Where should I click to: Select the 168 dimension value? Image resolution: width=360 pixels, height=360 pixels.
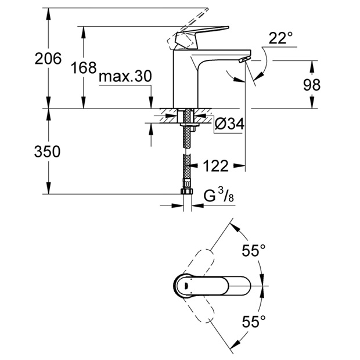click(84, 68)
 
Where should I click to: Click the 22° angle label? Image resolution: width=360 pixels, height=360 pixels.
click(281, 39)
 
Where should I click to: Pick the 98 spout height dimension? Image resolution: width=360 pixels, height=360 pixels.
click(312, 85)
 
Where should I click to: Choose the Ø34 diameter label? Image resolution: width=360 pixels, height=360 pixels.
click(228, 124)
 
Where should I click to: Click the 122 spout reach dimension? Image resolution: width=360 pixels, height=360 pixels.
click(215, 167)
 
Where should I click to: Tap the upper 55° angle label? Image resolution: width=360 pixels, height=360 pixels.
click(254, 251)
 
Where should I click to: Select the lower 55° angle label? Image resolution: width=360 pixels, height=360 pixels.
click(254, 321)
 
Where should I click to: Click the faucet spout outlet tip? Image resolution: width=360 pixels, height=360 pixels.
click(244, 60)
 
